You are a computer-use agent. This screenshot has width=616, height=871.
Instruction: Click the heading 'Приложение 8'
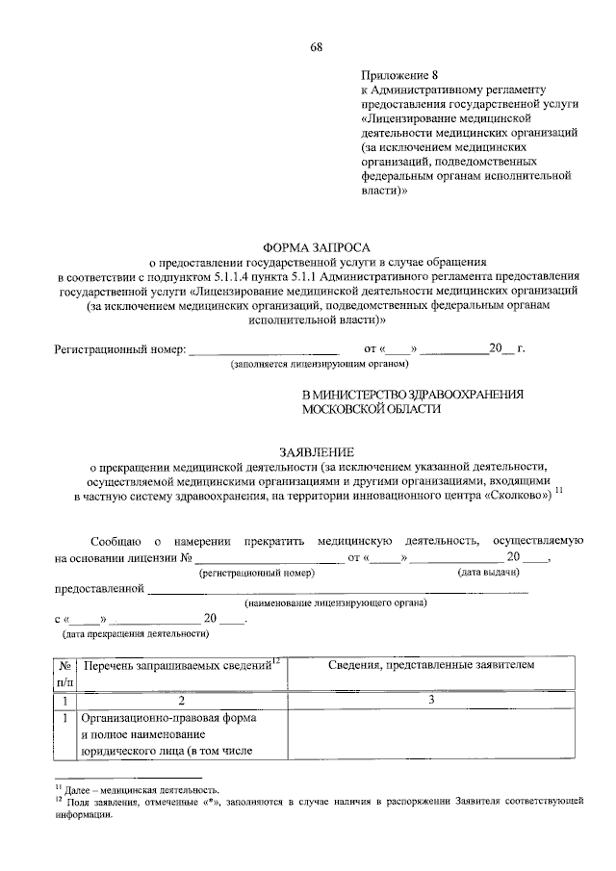(398, 73)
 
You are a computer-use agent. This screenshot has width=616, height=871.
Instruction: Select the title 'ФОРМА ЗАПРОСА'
(317, 246)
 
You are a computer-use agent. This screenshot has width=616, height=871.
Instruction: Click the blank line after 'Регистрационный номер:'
(264, 348)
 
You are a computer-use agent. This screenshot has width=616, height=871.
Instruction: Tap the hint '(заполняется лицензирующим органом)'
(320, 365)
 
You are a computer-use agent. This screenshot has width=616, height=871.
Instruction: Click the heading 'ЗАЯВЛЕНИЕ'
(317, 451)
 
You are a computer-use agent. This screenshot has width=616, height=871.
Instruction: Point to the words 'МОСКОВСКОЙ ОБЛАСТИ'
(372, 408)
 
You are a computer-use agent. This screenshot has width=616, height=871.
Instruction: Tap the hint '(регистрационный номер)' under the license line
(257, 573)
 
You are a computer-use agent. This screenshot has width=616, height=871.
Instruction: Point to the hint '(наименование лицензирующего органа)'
(336, 603)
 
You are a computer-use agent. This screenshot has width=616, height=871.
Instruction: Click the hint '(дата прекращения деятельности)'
(135, 635)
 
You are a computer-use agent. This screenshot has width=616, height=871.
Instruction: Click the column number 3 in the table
(430, 701)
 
